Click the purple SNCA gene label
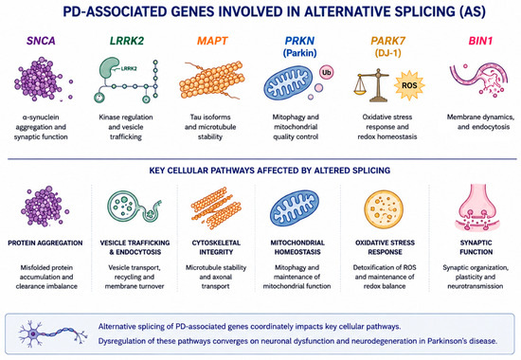point(41,41)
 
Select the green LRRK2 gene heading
point(127,41)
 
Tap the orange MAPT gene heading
point(212,41)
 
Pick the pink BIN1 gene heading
point(480,41)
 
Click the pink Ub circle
point(326,72)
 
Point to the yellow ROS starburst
point(409,85)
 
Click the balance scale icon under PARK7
point(372,85)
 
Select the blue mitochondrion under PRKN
point(288,82)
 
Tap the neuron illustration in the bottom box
point(53,333)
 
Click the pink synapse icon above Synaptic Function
point(477,207)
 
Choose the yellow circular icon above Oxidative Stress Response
point(384,209)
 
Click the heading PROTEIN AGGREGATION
point(45,243)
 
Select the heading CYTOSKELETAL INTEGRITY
point(216,247)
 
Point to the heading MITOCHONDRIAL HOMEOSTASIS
point(297,247)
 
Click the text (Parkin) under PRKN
point(299,53)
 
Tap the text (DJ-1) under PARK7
point(387,53)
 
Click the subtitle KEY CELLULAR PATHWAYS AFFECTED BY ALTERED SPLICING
point(270,171)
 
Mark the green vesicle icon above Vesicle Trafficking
point(134,207)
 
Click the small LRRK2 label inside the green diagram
point(129,69)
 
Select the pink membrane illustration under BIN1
point(478,80)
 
